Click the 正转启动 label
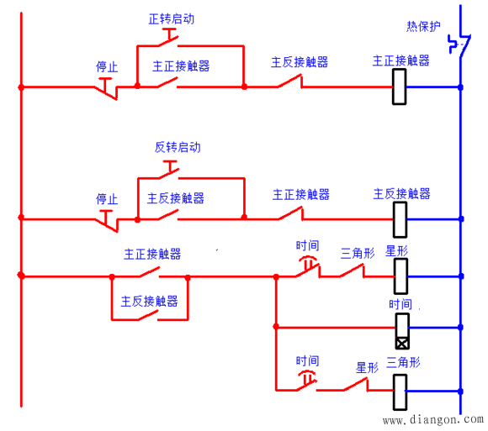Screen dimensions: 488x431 [x=172, y=19]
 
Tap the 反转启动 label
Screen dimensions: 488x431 [x=178, y=147]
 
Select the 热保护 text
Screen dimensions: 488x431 [x=423, y=26]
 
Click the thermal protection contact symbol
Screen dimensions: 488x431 [x=459, y=45]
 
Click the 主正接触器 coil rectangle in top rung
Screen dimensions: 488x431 [x=399, y=87]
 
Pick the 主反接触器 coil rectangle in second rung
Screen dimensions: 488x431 [x=400, y=219]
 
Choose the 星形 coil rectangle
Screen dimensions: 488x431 [x=400, y=276]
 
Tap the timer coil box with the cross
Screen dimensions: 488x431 [x=402, y=331]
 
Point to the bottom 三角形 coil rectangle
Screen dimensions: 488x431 [x=400, y=392]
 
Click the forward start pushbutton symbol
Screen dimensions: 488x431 [x=169, y=38]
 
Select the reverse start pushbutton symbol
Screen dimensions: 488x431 [x=170, y=171]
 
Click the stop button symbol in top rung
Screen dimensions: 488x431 [x=107, y=88]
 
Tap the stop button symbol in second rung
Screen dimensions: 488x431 [x=107, y=221]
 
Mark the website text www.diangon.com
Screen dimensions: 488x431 [x=433, y=419]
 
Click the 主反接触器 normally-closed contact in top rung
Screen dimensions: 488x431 [x=290, y=81]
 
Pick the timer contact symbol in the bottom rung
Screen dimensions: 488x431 [x=307, y=381]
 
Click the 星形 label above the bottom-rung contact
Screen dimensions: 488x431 [x=367, y=368]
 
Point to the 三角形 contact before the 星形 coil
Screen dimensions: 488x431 [x=352, y=271]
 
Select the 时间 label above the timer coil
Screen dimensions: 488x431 [x=400, y=304]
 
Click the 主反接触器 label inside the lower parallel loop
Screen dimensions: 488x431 [x=150, y=301]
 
